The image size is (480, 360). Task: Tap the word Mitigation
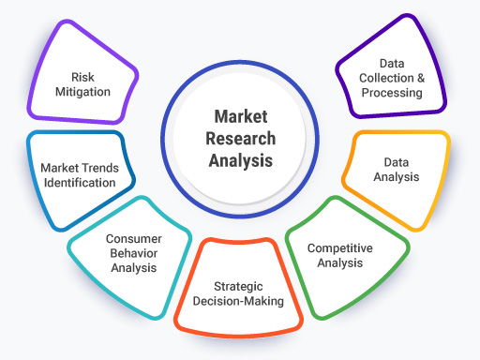(84, 92)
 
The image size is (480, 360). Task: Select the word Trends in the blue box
(96, 168)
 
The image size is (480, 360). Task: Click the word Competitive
(341, 248)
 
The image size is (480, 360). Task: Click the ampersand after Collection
(413, 78)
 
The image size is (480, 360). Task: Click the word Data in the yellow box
(397, 161)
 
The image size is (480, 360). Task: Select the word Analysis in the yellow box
(397, 176)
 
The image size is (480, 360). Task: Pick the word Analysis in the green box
(341, 263)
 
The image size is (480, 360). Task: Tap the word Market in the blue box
(57, 168)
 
